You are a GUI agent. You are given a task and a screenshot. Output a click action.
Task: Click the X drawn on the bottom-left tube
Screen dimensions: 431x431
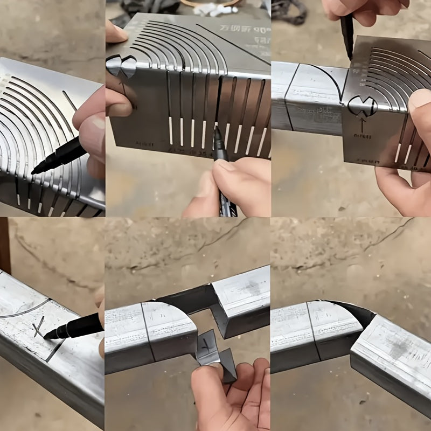pos(39,326)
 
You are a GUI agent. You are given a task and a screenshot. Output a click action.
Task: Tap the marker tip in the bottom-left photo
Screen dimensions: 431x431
pos(47,335)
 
